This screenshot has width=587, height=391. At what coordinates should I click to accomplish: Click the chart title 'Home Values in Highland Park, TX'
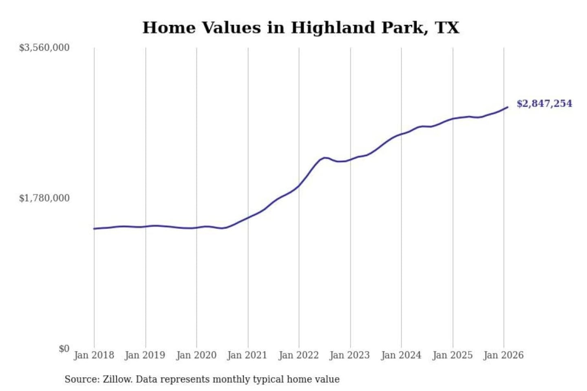coord(301,28)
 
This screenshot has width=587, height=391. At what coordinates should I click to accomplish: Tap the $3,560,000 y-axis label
coord(44,48)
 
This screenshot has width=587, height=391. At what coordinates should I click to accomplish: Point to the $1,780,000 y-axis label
coord(44,198)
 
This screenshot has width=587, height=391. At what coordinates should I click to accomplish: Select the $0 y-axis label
coord(64,349)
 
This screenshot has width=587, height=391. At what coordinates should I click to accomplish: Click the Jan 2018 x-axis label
coord(94,355)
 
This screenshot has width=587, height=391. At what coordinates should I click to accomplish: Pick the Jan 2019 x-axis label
coord(145,355)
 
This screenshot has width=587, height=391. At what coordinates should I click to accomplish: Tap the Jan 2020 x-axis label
coord(196,355)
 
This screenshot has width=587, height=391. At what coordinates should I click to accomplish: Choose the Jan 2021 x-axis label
coord(247,355)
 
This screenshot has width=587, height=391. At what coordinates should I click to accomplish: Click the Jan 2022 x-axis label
coord(298,355)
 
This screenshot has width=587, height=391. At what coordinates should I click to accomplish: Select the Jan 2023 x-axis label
coord(349,355)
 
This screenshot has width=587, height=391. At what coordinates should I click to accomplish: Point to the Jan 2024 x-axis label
coord(401,355)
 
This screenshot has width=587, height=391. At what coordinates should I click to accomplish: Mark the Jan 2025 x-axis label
coord(452,355)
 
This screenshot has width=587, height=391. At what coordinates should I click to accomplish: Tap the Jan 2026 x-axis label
coord(503,355)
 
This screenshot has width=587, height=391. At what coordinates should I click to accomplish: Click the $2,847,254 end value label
coord(544,103)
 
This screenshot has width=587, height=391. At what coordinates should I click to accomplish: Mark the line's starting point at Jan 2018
coord(94,228)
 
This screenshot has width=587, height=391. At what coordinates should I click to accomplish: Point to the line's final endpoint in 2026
coord(508,107)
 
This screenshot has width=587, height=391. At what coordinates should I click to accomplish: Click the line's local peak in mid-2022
coord(325,158)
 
